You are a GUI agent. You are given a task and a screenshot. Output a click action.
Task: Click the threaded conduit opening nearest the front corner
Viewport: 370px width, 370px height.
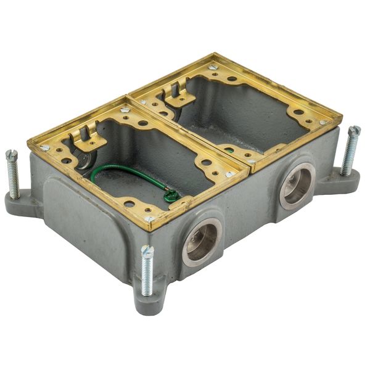202,240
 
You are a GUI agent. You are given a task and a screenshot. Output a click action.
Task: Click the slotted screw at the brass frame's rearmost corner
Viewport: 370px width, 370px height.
213,67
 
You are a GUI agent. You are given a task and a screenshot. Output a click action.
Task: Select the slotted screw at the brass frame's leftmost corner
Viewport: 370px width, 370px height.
45,148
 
